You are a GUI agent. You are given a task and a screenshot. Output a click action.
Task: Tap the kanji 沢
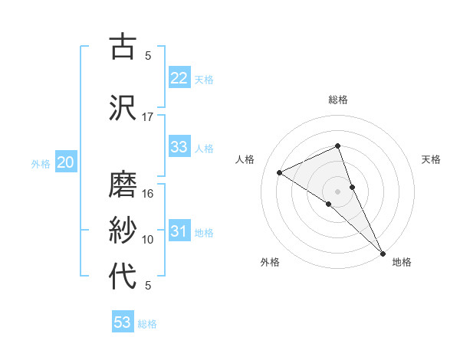click(x=122, y=106)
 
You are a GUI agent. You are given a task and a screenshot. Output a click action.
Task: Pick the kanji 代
click(x=122, y=276)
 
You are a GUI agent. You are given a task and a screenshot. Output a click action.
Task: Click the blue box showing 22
click(x=179, y=78)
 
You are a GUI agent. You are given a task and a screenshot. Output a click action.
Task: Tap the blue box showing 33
click(x=179, y=147)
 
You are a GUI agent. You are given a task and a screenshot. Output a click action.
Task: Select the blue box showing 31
click(x=179, y=231)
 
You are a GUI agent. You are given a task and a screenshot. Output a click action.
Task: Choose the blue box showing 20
click(x=66, y=162)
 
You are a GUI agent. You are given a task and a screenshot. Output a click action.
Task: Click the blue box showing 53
click(x=123, y=322)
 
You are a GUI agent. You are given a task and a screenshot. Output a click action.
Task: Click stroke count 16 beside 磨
click(x=148, y=194)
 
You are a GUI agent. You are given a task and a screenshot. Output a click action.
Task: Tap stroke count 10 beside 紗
click(x=148, y=240)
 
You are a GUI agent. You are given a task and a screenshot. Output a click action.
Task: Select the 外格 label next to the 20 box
click(x=41, y=163)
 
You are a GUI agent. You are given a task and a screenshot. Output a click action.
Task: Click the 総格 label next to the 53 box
click(x=147, y=323)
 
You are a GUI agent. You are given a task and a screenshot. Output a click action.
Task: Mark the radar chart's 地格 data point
click(x=383, y=252)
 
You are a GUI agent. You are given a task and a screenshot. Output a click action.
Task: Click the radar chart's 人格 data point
click(x=280, y=172)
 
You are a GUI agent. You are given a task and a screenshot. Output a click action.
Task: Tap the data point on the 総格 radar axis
click(x=337, y=146)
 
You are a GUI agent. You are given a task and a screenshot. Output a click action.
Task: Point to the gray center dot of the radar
click(x=337, y=191)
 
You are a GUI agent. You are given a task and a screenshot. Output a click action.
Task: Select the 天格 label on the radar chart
click(x=432, y=159)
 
